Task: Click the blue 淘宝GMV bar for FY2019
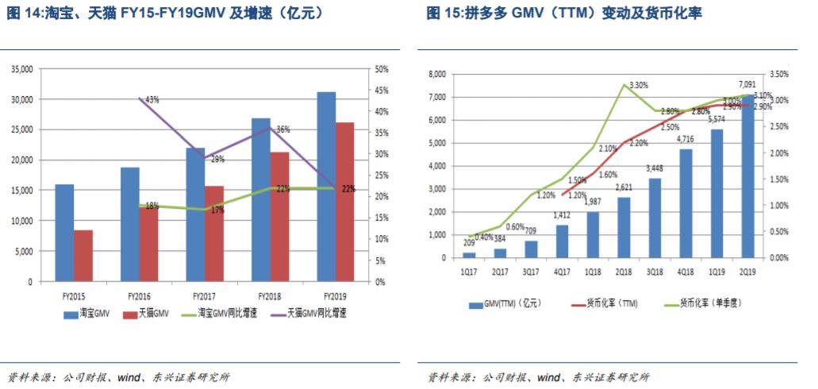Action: coord(325,187)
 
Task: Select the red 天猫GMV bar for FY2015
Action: coord(83,256)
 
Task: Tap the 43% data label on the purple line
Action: coord(152,100)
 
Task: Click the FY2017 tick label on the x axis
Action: coord(196,295)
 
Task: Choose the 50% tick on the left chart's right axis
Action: coord(381,70)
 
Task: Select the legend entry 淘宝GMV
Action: coord(94,314)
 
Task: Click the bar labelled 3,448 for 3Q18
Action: coord(655,218)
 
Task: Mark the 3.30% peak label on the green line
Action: coord(639,85)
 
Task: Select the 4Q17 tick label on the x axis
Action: coord(561,270)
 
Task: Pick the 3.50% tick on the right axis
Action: coord(780,75)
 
